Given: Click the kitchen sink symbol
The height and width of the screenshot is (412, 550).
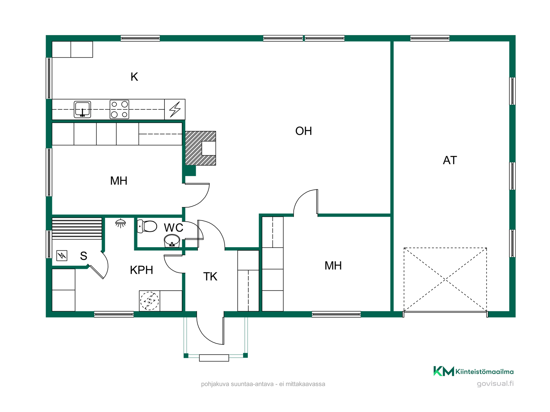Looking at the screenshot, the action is (82, 109).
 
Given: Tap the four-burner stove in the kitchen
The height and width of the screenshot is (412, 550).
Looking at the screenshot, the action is (119, 109).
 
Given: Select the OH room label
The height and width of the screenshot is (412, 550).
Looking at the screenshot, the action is (304, 131).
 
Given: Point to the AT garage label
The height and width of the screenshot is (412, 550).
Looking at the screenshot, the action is (450, 160).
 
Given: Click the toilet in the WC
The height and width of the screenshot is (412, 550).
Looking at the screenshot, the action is (147, 226).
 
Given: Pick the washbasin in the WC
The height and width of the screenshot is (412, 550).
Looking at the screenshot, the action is (172, 241).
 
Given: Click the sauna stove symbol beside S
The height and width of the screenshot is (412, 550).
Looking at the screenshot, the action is (62, 255).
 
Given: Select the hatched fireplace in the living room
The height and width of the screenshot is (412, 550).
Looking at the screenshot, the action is (201, 148).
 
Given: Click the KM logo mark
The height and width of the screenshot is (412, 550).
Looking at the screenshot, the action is (444, 371).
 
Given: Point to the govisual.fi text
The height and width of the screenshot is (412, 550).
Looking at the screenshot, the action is (495, 383).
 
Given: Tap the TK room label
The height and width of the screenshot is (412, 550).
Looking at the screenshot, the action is (210, 277).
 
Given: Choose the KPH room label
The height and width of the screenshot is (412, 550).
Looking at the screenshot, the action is (142, 270).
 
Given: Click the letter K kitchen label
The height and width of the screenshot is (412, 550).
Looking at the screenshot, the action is (134, 77).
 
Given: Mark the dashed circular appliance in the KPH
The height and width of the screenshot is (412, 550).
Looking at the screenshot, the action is (149, 301).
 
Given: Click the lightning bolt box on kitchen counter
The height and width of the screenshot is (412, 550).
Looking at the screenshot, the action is (175, 109).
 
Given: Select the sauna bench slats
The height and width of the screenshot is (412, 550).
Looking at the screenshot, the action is (77, 228).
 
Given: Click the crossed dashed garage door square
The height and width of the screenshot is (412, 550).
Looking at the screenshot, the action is (445, 280).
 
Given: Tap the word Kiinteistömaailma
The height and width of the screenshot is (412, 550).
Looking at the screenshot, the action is (484, 372).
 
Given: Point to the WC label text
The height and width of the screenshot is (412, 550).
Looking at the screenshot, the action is (174, 228).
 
